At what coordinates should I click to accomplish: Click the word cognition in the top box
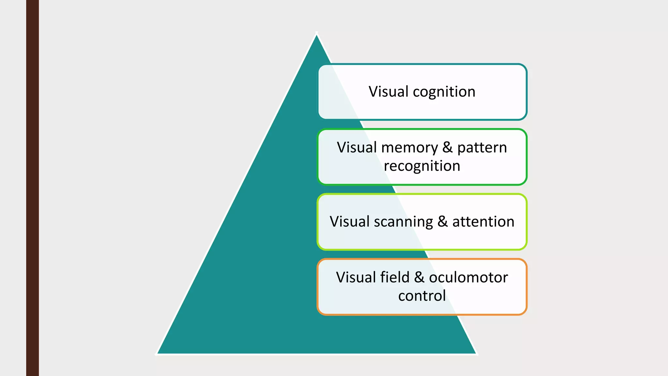point(444,92)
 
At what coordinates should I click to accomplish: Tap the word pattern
point(482,148)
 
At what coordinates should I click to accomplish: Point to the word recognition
point(422,166)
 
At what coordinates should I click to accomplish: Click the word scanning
point(403,222)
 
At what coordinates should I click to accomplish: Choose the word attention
point(483,222)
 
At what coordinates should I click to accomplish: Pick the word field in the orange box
point(395,277)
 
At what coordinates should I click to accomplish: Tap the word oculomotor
point(468,278)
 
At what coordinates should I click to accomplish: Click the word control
point(422,296)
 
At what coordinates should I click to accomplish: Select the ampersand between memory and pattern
point(448,148)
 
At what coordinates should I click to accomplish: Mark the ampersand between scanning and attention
point(442,222)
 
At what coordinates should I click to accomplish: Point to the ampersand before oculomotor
point(419,277)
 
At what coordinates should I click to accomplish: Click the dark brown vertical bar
point(32,188)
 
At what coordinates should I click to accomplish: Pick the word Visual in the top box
point(388,92)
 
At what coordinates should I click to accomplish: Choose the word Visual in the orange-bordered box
point(356,277)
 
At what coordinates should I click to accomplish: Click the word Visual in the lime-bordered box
point(349,222)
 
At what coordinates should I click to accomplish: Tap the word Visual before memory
point(357,148)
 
